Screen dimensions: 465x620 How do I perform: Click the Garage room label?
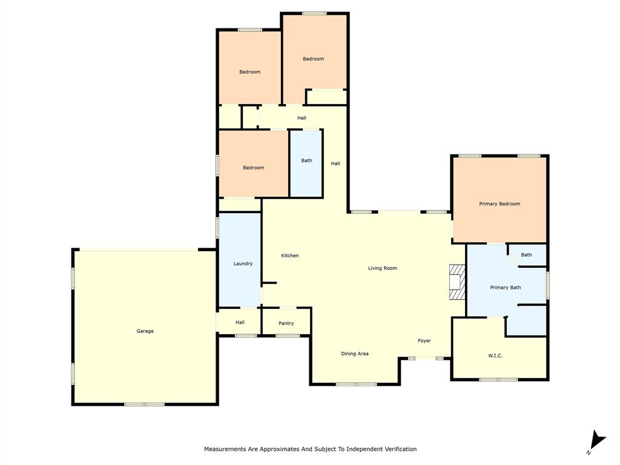(x=145, y=331)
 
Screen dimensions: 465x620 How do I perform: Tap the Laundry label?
(x=243, y=263)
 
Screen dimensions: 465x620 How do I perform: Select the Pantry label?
(x=286, y=323)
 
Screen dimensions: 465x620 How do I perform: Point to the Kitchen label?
(x=290, y=256)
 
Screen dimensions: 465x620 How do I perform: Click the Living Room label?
(x=383, y=268)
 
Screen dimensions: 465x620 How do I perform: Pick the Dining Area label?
(x=355, y=354)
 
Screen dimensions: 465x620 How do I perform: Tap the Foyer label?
(x=424, y=341)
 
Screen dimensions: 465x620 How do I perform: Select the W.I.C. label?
(x=495, y=355)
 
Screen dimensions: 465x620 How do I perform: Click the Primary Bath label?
(x=506, y=288)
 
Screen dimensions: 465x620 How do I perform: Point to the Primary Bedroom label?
(x=500, y=204)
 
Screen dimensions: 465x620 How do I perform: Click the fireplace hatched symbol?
(x=457, y=282)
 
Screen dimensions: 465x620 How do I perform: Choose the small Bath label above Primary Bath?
(x=527, y=255)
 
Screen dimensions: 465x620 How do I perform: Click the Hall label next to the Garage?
(x=240, y=323)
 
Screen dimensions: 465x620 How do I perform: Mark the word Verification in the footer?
(x=397, y=449)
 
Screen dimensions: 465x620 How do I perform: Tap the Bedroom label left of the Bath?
(x=254, y=168)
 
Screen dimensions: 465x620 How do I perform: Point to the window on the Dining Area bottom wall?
(x=357, y=384)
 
